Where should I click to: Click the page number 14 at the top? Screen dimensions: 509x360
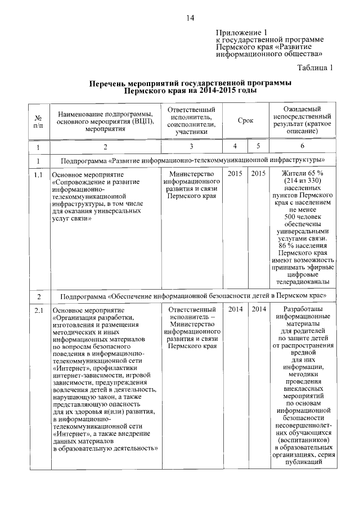[190, 18]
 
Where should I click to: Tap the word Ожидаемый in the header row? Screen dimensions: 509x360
[303, 109]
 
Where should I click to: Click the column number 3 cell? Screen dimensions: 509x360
[191, 147]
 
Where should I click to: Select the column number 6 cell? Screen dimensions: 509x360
[303, 147]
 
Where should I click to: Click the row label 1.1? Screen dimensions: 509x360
[38, 174]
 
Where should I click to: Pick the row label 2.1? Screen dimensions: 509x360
[38, 310]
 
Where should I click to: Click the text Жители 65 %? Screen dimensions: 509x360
[303, 174]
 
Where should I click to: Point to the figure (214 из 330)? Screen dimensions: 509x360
[303, 182]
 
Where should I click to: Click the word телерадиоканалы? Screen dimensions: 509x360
[303, 282]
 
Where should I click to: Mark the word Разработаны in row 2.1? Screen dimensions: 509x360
[303, 309]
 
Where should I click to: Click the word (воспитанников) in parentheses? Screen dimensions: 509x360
[303, 440]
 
